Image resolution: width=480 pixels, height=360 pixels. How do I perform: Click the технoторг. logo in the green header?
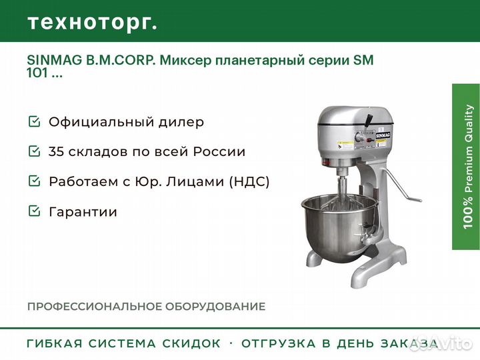click(93, 23)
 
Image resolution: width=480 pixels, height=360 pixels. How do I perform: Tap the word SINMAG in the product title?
click(55, 60)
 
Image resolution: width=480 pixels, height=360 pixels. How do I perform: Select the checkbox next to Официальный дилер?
click(34, 121)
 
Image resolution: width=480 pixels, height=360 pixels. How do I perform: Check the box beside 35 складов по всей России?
click(34, 151)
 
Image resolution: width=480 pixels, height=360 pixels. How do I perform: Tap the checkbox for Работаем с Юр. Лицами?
click(34, 181)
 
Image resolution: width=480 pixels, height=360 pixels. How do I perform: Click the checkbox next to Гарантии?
click(34, 211)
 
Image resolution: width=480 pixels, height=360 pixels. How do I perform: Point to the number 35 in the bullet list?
click(56, 151)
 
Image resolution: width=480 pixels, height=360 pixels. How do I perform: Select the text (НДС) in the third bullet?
click(249, 181)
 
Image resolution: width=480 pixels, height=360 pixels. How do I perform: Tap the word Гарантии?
click(83, 211)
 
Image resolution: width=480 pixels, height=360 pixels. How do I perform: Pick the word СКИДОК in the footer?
click(191, 343)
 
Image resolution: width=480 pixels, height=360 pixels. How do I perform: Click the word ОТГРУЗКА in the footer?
click(278, 343)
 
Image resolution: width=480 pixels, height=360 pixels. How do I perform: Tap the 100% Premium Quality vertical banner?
click(466, 167)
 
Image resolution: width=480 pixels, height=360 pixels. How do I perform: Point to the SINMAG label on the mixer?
click(383, 135)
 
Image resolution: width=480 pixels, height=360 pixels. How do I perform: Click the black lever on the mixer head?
click(368, 120)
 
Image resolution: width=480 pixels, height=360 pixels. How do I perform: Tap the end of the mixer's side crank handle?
click(417, 200)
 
